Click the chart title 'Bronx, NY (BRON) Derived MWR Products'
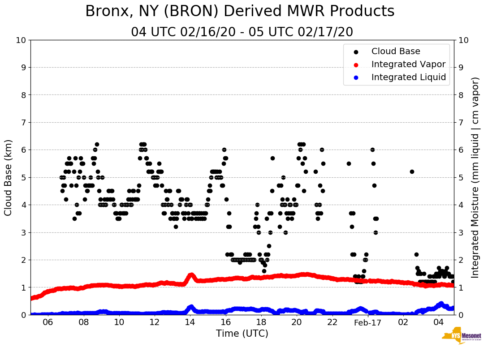coord(240,11)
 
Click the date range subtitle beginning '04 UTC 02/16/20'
coord(242,32)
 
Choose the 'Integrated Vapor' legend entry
coord(408,64)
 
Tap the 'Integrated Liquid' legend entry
coord(408,77)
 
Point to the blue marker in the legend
coord(356,77)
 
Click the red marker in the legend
coord(356,64)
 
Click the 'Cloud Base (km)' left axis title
coord(9,177)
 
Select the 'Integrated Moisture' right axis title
coord(475,177)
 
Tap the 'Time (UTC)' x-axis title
coord(242,334)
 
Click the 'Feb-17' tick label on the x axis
coord(367,322)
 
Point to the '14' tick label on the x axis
coord(190,322)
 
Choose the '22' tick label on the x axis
coord(332,322)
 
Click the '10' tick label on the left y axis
coord(21,40)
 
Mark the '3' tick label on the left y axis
coord(23,232)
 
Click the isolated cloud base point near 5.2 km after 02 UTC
coord(412,171)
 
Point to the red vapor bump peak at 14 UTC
coord(191,274)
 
